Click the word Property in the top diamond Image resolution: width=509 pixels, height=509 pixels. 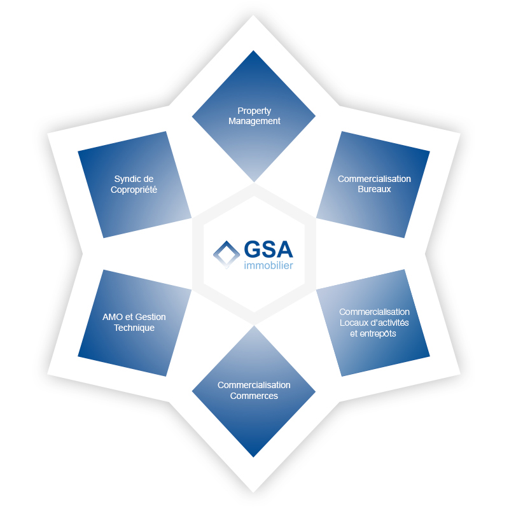click(x=254, y=111)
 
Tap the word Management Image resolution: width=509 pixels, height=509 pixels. click(x=254, y=121)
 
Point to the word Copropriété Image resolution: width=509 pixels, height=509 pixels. click(x=134, y=190)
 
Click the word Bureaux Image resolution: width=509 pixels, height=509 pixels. click(x=374, y=189)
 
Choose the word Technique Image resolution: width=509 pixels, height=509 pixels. click(x=134, y=328)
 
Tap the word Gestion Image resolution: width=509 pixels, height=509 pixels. click(x=150, y=317)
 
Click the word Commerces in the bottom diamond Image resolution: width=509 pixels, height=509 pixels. click(x=254, y=396)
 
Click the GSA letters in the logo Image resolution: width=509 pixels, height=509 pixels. click(x=268, y=249)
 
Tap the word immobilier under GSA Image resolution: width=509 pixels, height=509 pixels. click(x=268, y=265)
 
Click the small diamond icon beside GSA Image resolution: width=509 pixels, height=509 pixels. click(x=227, y=255)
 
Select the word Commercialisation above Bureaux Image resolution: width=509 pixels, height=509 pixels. click(x=374, y=179)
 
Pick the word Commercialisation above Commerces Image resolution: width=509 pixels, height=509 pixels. click(x=254, y=385)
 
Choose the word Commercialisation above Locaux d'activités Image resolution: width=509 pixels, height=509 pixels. click(x=374, y=312)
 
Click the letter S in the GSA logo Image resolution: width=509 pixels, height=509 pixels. click(x=268, y=249)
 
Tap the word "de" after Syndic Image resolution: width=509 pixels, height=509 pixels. click(x=148, y=179)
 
